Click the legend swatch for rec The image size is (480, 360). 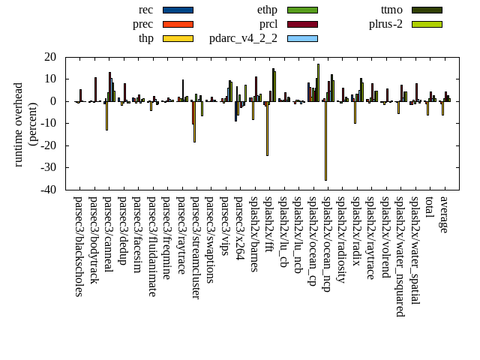pos(178,10)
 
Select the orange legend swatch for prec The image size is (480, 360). pos(178,24)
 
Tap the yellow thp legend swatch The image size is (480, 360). pos(178,38)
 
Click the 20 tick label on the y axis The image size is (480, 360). pos(51,57)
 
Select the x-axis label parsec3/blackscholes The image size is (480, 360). pos(79,246)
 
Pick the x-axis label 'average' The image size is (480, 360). pos(445,214)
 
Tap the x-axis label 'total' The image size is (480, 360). pos(430,208)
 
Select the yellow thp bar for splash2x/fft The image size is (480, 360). pos(267,128)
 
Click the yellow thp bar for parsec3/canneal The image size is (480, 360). pos(106,115)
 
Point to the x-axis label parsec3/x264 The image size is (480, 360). pos(239,228)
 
